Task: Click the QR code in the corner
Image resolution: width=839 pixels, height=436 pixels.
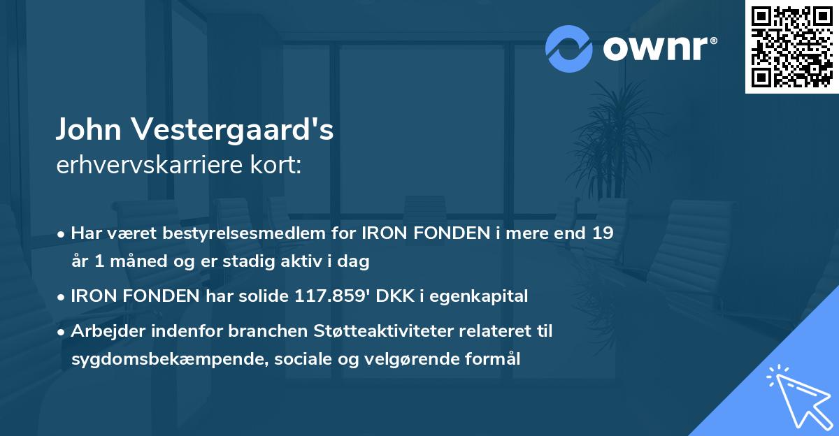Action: pos(792,47)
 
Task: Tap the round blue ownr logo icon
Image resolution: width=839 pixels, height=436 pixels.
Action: pos(570,48)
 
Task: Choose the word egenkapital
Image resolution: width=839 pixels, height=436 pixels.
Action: pos(480,296)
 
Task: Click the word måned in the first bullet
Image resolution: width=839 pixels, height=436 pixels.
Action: pos(136,261)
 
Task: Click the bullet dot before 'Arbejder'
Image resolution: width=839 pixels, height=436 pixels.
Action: pos(62,332)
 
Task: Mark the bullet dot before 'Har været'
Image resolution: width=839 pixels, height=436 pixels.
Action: pos(62,234)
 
